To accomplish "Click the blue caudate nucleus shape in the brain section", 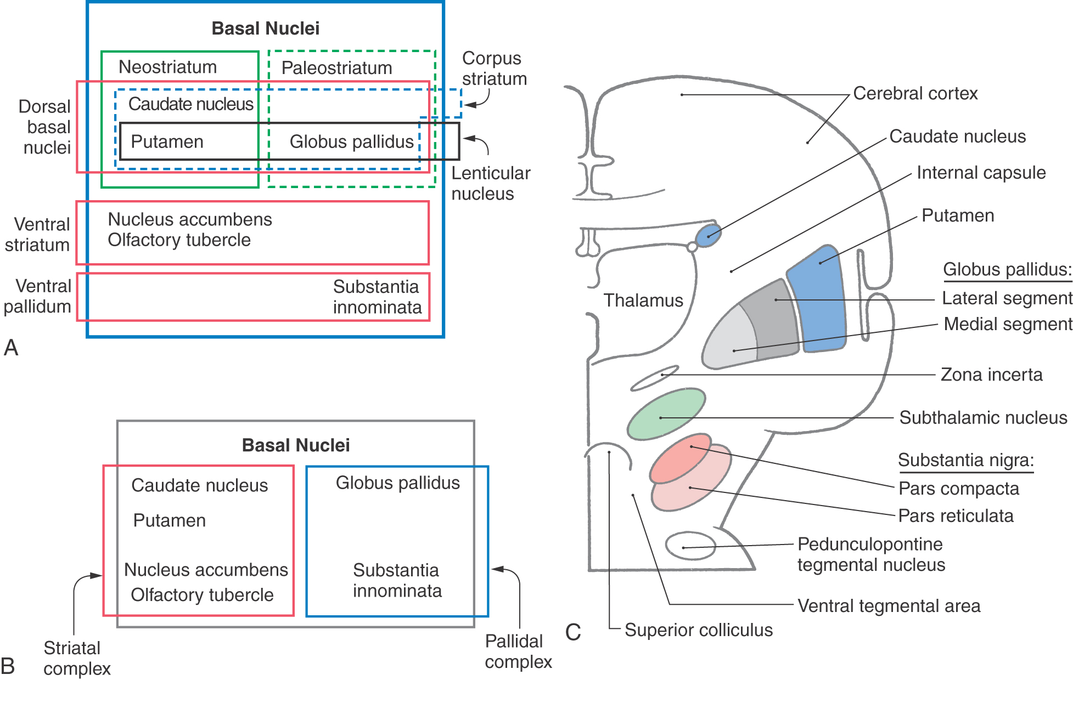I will tap(709, 235).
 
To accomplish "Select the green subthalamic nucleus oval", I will tap(666, 414).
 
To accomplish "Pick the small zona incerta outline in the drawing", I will tap(654, 378).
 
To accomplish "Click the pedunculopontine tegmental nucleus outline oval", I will tap(690, 546).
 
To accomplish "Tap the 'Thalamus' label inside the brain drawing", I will tap(643, 301).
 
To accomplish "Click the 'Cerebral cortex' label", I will tap(915, 93).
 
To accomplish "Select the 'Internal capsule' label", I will tap(981, 173).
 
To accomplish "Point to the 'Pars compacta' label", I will tap(958, 489).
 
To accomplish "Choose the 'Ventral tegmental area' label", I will tap(889, 606).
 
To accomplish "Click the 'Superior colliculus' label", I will tap(698, 630).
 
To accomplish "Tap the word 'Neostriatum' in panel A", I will tap(167, 67).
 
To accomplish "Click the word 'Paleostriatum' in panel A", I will tap(336, 68).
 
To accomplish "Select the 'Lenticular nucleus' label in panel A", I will tap(490, 183).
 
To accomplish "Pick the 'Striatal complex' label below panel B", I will tap(77, 658).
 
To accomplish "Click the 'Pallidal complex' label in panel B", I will tap(518, 651).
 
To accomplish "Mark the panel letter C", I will tap(573, 632).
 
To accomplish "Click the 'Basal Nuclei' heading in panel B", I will tap(295, 445).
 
